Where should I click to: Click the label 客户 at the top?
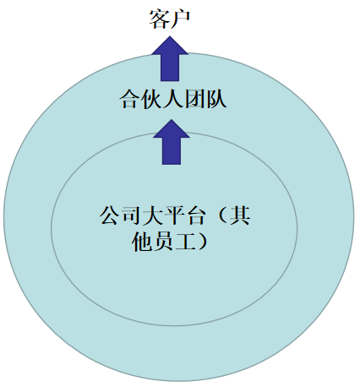click(x=170, y=19)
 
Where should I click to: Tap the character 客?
click(x=159, y=19)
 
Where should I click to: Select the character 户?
click(x=181, y=19)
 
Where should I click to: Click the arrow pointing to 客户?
click(x=170, y=58)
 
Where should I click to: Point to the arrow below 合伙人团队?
click(x=172, y=142)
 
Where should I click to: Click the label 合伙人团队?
click(x=173, y=99)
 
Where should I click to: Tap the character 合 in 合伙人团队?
click(x=129, y=99)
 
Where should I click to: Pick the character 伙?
click(x=151, y=99)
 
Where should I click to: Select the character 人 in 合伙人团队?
click(x=173, y=99)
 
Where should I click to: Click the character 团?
click(x=194, y=99)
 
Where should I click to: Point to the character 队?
click(x=216, y=99)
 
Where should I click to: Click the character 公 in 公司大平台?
click(x=110, y=215)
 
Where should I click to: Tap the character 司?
click(x=131, y=215)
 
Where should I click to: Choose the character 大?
click(x=153, y=215)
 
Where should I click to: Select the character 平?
click(x=175, y=215)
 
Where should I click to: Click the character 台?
click(x=196, y=215)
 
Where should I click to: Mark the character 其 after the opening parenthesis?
click(x=240, y=215)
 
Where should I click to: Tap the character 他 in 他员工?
click(x=142, y=242)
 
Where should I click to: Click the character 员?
click(x=164, y=242)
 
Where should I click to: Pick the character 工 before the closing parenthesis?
click(x=186, y=242)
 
